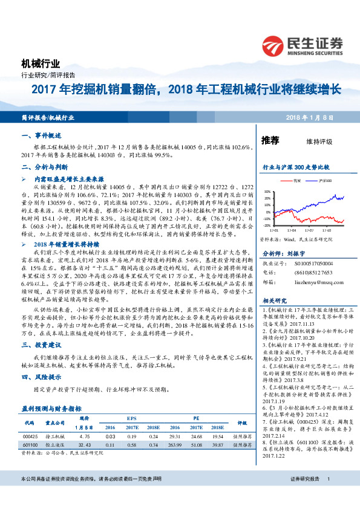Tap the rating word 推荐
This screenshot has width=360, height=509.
point(270,140)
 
